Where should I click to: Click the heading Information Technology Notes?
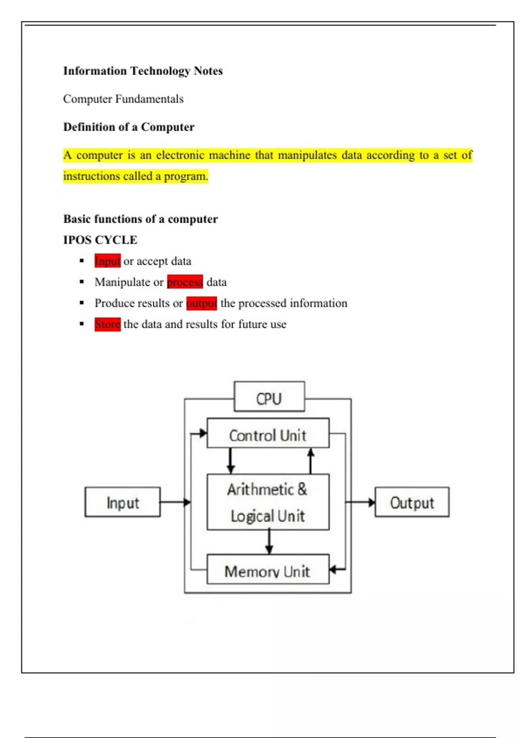tap(143, 71)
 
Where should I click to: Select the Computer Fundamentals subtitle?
tap(123, 99)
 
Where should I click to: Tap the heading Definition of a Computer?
tap(129, 127)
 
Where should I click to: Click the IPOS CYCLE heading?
tap(100, 240)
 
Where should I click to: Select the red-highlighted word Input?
tap(107, 261)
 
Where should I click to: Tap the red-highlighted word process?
tap(185, 282)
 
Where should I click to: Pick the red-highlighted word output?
tap(201, 303)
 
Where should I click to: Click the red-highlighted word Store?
tap(107, 324)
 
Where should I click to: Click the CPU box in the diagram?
tap(269, 397)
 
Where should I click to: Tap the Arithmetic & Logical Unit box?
tap(268, 502)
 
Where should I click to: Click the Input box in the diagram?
tap(122, 502)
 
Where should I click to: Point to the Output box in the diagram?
tap(412, 502)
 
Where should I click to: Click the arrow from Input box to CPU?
tap(175, 502)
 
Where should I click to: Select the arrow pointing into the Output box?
tap(360, 502)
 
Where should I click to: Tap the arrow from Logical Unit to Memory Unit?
tap(269, 542)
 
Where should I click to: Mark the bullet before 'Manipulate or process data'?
tap(82, 282)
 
